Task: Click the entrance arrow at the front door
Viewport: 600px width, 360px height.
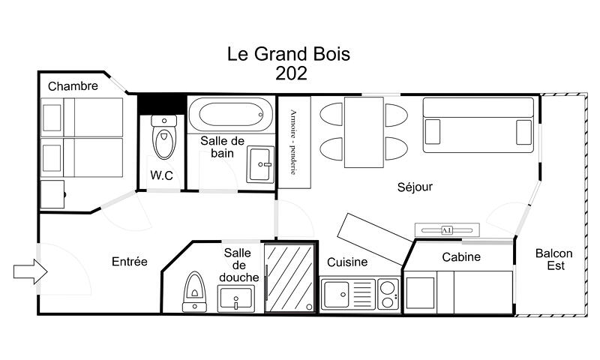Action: coord(31,271)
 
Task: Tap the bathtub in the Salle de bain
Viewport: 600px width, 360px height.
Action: coord(231,115)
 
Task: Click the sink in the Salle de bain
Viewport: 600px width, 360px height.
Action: coord(260,164)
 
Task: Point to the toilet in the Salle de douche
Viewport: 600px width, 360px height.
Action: coord(195,292)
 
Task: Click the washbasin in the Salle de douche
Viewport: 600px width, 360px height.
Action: coord(236,298)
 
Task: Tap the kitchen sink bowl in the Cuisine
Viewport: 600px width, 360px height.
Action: coord(335,294)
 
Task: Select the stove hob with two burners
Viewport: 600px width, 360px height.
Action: coord(388,294)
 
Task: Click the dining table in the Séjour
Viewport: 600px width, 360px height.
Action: coord(364,132)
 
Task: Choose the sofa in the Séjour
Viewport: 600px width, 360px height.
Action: coord(478,125)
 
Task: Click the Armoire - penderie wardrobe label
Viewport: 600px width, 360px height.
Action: coord(293,142)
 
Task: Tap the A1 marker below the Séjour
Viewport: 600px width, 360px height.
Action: coord(447,230)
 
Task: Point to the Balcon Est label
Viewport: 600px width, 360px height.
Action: coord(554,259)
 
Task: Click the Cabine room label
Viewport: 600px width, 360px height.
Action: coord(461,256)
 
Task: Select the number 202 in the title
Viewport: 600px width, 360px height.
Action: coord(291,73)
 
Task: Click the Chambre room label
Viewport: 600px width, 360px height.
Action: coord(73,86)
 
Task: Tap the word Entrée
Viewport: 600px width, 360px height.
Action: coord(129,262)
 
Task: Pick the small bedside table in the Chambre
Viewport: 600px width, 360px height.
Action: coord(52,194)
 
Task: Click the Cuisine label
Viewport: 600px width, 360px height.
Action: coord(347,262)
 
